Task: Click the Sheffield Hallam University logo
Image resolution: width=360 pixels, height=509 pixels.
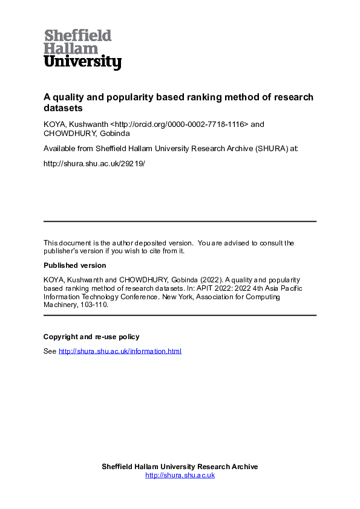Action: pos(82,49)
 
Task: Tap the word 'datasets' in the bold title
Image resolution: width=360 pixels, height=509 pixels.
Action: pos(62,108)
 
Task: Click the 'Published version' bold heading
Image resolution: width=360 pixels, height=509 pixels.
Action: pos(74,265)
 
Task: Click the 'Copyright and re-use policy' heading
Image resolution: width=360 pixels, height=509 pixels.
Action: pos(91,337)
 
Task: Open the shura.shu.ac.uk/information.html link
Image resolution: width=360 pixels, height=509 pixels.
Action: pos(119,351)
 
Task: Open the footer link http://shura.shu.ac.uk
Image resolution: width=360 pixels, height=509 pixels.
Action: pos(180,476)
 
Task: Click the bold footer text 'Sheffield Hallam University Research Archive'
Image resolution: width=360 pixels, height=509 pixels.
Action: pos(180,467)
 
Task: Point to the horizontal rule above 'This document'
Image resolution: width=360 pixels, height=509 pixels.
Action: pos(180,221)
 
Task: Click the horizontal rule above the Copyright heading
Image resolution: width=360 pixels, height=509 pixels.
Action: pos(180,316)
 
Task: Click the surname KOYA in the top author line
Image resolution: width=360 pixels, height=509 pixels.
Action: pos(54,125)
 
